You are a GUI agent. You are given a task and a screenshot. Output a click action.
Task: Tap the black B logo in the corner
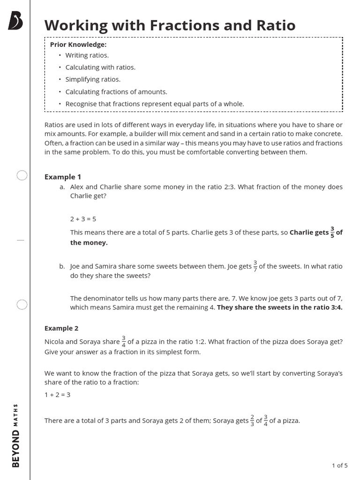[16, 22]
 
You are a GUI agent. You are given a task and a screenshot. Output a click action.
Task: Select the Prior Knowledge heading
[78, 45]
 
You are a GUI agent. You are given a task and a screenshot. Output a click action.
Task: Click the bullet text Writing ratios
[87, 55]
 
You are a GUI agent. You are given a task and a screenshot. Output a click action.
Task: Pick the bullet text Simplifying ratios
[93, 79]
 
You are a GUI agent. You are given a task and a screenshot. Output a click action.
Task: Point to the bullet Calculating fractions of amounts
[116, 92]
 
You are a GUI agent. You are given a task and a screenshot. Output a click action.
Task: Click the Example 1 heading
[63, 177]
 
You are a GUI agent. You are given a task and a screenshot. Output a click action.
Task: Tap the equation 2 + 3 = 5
[83, 219]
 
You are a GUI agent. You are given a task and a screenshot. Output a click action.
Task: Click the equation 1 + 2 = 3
[57, 395]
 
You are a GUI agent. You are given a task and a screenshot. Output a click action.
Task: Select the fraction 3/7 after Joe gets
[255, 266]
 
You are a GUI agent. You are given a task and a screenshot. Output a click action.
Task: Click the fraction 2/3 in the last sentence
[252, 420]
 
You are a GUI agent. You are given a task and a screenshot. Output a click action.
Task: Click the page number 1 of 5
[339, 465]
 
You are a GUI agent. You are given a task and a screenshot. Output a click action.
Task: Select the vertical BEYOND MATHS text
[16, 435]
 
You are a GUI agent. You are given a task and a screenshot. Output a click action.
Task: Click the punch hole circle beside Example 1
[22, 176]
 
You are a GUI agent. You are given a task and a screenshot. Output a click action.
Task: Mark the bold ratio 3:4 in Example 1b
[337, 307]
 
